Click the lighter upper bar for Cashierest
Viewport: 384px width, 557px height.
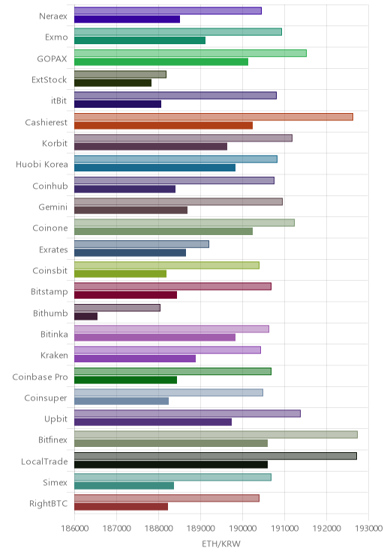point(214,117)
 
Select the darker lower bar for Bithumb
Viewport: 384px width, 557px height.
point(85,316)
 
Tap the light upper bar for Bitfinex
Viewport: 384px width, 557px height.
point(216,434)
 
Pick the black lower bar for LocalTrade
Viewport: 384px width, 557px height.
point(171,464)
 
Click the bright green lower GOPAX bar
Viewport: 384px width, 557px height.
point(161,62)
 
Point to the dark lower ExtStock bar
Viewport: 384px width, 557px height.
point(112,83)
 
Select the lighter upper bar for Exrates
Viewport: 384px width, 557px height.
point(142,244)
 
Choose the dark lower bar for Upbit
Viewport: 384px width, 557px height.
point(153,422)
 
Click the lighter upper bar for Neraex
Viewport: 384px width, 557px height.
point(168,10)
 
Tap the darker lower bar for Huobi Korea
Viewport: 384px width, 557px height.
point(154,168)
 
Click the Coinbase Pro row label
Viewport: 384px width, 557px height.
point(40,377)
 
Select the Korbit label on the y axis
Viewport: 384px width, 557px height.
point(55,143)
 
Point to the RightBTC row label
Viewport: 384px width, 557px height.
point(49,504)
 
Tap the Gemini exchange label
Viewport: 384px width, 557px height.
point(53,207)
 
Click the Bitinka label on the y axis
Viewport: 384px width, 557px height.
point(54,334)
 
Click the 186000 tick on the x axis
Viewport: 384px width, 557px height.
point(74,528)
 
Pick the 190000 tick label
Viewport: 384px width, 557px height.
point(242,528)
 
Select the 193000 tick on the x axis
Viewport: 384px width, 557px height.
point(369,528)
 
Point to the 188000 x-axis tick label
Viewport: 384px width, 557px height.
point(158,528)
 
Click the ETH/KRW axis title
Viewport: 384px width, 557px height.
point(221,544)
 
